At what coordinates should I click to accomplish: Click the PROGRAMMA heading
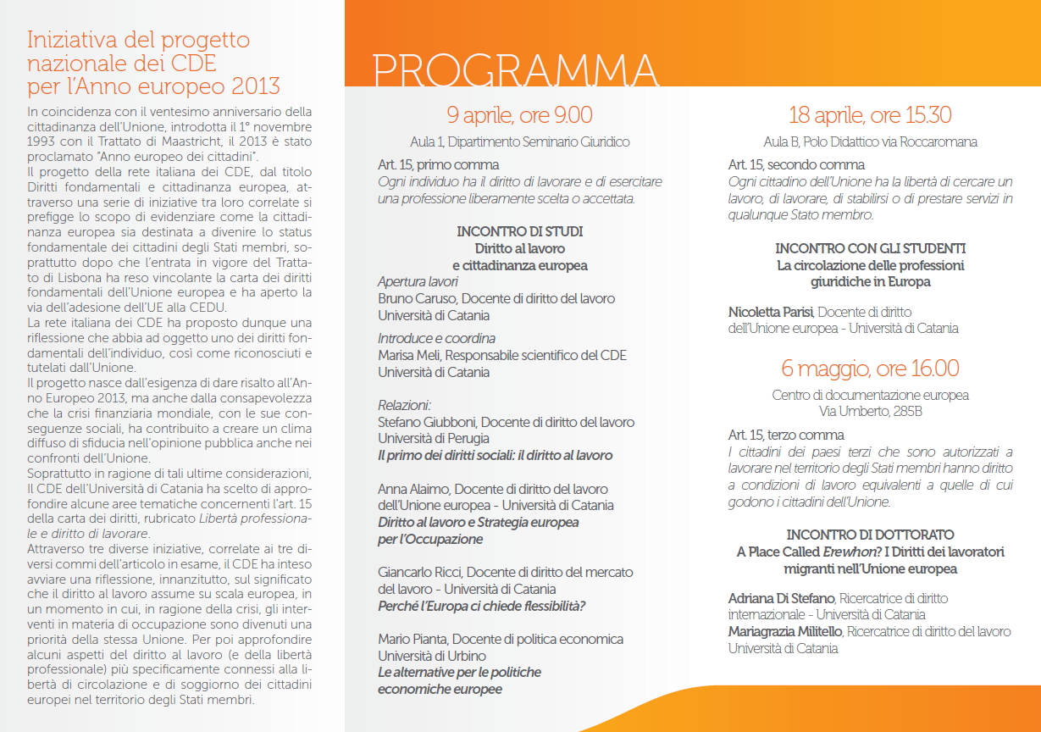click(516, 72)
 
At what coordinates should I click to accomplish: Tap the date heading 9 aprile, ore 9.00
click(519, 115)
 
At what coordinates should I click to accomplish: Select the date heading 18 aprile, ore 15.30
click(870, 115)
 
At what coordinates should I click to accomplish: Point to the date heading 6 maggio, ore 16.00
click(870, 369)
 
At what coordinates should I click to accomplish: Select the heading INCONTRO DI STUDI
click(519, 231)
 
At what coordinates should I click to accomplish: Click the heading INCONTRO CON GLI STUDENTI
click(870, 248)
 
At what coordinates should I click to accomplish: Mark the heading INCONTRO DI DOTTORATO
click(870, 535)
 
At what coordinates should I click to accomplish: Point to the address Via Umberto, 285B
click(870, 412)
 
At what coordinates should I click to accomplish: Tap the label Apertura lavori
click(418, 281)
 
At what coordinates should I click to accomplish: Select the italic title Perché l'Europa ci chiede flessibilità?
click(482, 606)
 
